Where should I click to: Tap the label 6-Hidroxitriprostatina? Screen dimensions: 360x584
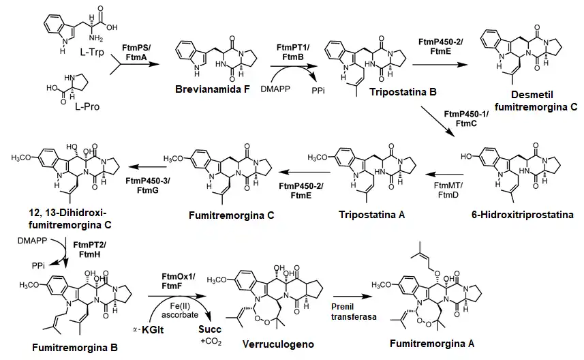pyautogui.click(x=521, y=215)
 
